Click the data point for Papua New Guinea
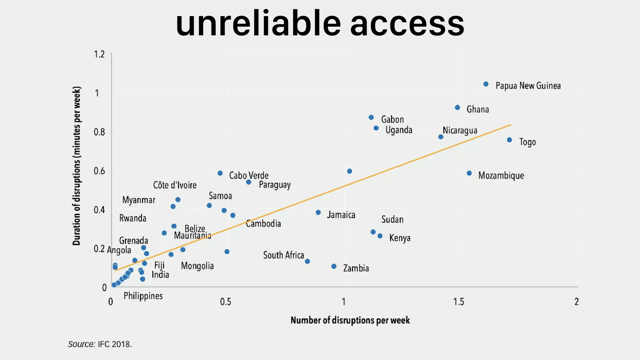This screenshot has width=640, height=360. [x=486, y=84]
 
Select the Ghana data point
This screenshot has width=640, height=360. [x=457, y=107]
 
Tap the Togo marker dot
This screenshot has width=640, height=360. [x=509, y=140]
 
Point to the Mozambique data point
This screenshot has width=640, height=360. [x=469, y=173]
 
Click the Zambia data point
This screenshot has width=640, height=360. [x=334, y=266]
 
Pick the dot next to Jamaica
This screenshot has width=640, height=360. [x=318, y=212]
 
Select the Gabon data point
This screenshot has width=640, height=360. [x=371, y=117]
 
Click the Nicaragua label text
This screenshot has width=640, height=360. [x=460, y=130]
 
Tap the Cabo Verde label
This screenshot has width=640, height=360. [x=249, y=175]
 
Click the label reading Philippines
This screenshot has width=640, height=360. [x=143, y=296]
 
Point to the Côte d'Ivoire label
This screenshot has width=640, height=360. [x=175, y=185]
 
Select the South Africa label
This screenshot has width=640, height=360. [x=283, y=255]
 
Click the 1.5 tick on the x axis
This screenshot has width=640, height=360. [x=458, y=302]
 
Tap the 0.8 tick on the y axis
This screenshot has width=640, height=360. [x=99, y=132]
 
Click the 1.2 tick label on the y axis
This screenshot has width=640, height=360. [x=99, y=54]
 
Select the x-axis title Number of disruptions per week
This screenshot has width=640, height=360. [x=350, y=320]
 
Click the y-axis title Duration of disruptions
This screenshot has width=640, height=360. [x=77, y=166]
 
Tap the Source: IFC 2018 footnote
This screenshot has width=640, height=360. [x=100, y=344]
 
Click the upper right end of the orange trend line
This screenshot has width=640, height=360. [x=510, y=125]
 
